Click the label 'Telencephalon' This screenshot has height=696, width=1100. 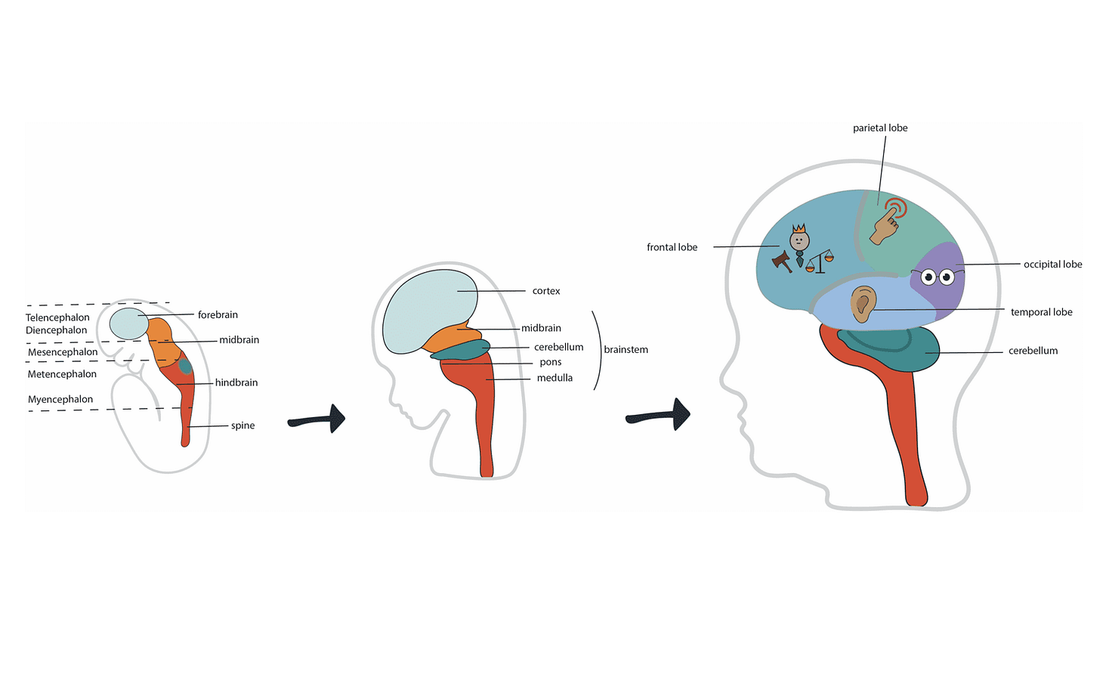[57, 317]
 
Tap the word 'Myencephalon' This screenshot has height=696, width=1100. [60, 400]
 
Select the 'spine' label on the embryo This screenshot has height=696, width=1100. [243, 425]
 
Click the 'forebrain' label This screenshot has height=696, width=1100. [218, 314]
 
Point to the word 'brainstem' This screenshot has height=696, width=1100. [626, 350]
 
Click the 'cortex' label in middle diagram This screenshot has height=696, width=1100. [546, 291]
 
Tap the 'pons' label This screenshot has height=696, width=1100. [551, 363]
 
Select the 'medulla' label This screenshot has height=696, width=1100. [555, 378]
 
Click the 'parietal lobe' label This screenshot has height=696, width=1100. [880, 128]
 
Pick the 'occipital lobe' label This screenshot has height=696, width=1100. [1052, 264]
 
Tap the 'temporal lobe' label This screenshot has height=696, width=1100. [1041, 312]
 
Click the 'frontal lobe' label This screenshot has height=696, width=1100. [672, 247]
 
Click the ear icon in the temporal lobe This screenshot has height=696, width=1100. [863, 305]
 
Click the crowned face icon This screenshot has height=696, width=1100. [799, 239]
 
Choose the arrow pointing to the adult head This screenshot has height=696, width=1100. [659, 415]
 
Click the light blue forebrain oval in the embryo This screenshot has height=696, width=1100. [129, 324]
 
